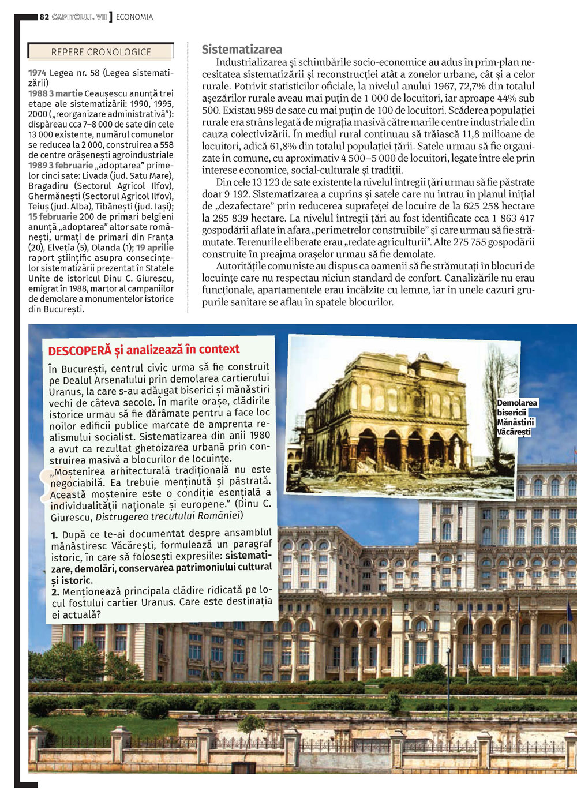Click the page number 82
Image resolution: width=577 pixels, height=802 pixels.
(x=44, y=17)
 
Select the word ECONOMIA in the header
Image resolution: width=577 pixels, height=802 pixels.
(x=134, y=17)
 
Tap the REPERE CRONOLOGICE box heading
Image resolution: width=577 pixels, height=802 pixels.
(x=101, y=52)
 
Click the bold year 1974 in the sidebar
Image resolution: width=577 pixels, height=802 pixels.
(x=38, y=73)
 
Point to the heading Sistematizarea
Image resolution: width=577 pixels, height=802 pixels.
(x=242, y=50)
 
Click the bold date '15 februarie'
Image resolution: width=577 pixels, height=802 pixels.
(x=53, y=216)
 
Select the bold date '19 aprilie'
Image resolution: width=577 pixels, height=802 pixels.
(x=155, y=248)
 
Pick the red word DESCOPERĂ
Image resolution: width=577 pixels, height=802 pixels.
(x=79, y=351)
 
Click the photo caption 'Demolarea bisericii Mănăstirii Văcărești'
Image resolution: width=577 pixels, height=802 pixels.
(x=516, y=417)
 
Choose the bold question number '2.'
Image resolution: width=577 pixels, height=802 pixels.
(x=55, y=592)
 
